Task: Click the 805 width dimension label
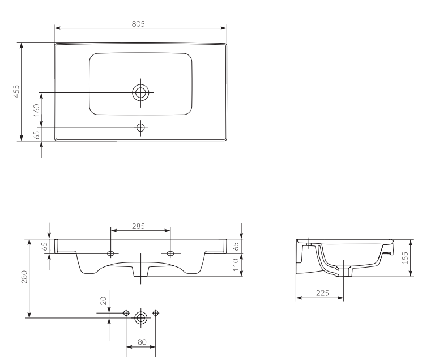point(139,23)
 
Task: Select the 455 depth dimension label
point(16,91)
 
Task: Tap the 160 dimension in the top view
point(37,110)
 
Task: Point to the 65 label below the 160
point(37,134)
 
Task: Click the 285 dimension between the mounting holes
point(138,226)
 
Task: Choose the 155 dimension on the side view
point(405,259)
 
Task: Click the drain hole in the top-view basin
point(140,92)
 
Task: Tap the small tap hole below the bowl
point(140,127)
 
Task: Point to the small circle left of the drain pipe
point(126,313)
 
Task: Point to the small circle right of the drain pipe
point(156,313)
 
